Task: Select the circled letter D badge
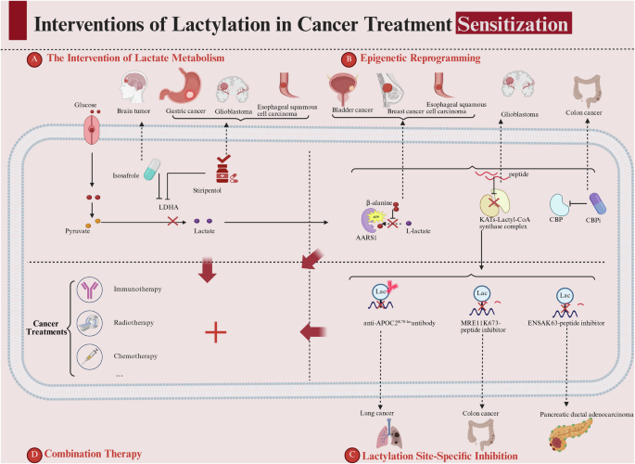click(x=34, y=429)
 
